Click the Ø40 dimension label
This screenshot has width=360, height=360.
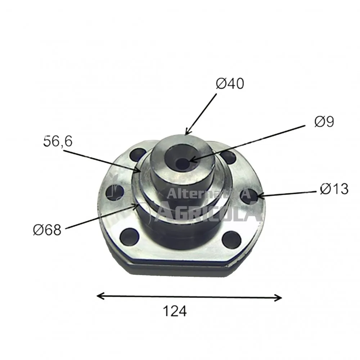click(230, 84)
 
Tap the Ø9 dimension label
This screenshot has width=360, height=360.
click(324, 122)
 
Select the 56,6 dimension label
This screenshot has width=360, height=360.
click(58, 141)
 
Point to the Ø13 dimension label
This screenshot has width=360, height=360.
click(334, 189)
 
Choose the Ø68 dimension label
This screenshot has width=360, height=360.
click(47, 230)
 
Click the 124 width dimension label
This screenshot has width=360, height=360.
click(175, 311)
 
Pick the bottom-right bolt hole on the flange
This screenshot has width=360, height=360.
click(231, 240)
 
